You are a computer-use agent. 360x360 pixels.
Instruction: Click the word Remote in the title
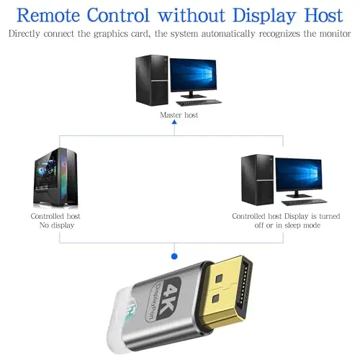(x=48, y=15)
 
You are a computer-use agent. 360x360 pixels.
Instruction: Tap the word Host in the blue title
(x=323, y=15)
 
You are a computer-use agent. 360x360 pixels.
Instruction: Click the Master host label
(x=179, y=115)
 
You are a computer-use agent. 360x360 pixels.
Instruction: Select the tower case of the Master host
(x=152, y=80)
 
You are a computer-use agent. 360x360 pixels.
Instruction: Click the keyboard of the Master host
(x=199, y=102)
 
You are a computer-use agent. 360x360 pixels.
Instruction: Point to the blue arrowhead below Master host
(x=174, y=122)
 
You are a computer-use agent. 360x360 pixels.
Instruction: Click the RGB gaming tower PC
(x=55, y=177)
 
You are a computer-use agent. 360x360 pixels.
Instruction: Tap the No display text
(x=57, y=225)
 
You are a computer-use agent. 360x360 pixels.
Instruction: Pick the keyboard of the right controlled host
(x=304, y=202)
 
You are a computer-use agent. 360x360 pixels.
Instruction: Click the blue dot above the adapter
(x=174, y=256)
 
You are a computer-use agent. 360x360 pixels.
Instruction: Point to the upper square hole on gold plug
(x=219, y=278)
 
